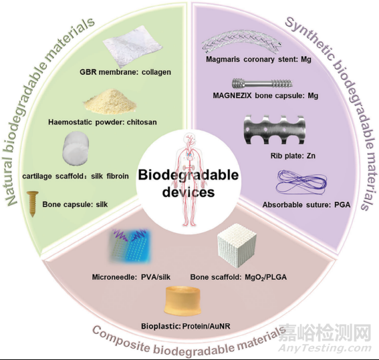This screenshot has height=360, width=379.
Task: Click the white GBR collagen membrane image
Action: tap(132, 46)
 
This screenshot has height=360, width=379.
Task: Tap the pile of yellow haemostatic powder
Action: tap(110, 102)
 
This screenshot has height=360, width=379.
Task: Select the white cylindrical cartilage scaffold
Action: tap(76, 149)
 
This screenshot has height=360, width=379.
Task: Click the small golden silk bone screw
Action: tap(33, 204)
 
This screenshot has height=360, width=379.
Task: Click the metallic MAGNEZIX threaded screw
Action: tap(262, 83)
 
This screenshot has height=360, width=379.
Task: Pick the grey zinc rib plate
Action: tap(275, 130)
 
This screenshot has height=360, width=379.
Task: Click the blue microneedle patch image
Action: tap(130, 246)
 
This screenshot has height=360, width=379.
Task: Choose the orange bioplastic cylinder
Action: tap(182, 301)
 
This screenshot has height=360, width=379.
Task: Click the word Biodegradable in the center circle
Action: tap(188, 175)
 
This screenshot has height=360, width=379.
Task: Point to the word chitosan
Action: tap(142, 122)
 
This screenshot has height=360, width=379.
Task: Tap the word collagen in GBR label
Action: tap(156, 72)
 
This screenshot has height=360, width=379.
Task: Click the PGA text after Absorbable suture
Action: tap(342, 205)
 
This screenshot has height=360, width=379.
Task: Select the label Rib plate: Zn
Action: tap(293, 156)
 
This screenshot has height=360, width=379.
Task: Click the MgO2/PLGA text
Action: tap(265, 277)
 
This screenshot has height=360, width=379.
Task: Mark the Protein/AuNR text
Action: tap(206, 326)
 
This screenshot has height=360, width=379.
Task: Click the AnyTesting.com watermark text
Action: tap(325, 348)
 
